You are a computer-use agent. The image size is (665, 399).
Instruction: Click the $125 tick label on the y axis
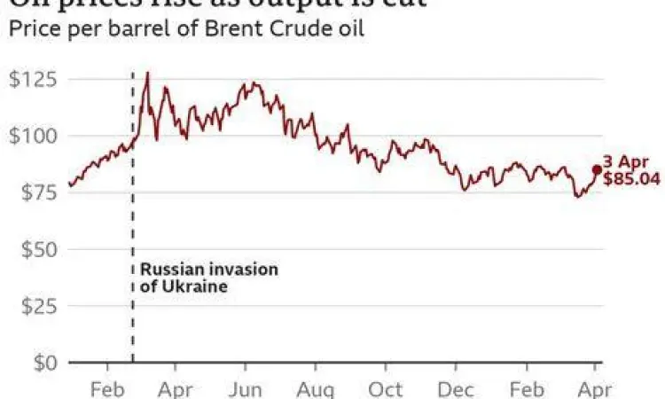(x=32, y=80)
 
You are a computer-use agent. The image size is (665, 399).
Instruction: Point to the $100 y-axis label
(x=32, y=137)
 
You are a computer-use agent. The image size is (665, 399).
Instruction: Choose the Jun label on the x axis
(x=245, y=388)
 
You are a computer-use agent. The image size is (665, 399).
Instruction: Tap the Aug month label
(x=315, y=388)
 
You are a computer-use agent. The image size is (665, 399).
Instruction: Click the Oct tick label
(x=385, y=388)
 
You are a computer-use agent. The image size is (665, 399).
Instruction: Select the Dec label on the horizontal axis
(x=455, y=388)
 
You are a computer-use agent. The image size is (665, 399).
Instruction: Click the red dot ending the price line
(x=597, y=169)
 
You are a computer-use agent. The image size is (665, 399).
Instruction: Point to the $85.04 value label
(x=630, y=179)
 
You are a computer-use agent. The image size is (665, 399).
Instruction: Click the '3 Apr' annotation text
(x=626, y=162)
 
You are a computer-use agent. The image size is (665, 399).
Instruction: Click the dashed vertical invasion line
(x=133, y=222)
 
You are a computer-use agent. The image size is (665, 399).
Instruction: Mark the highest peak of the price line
(x=147, y=73)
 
